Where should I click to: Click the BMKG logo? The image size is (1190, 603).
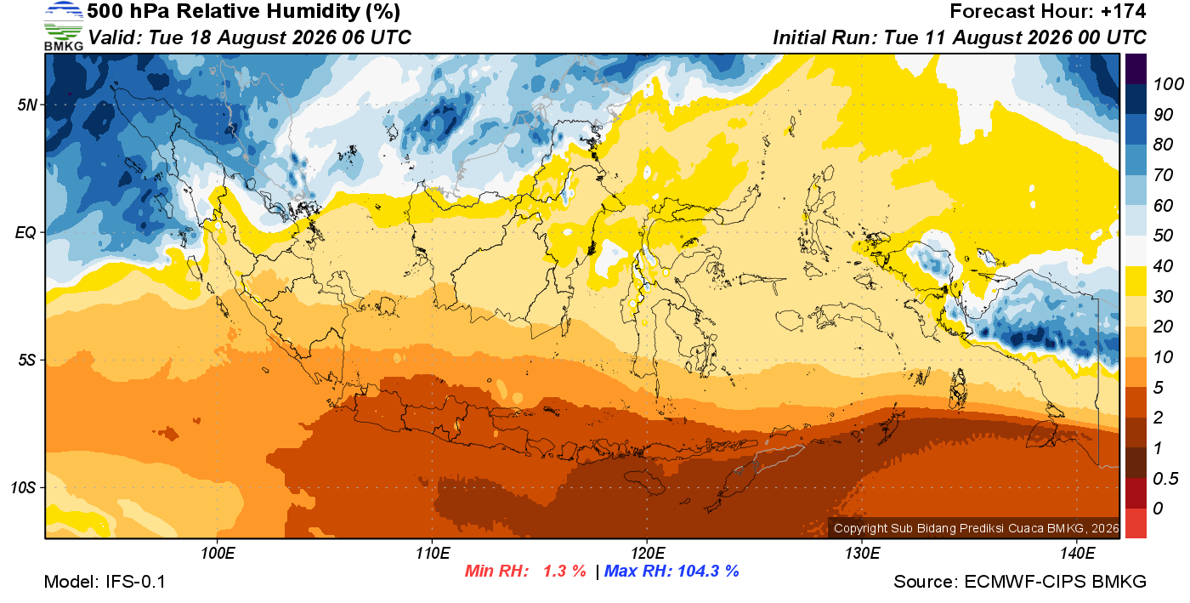pos(64,26)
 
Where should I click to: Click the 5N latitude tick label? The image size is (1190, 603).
pos(27,105)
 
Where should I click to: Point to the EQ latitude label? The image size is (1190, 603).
pos(26,232)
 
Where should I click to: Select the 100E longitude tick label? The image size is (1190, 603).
pos(218,553)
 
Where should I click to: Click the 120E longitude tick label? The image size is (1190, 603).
pos(648,553)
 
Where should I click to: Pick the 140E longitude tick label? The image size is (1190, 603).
pos(1078,553)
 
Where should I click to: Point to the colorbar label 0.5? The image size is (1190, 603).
pos(1165,479)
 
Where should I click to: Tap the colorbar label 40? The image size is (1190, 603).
pos(1163,266)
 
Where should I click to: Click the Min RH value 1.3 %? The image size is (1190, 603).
pos(564,571)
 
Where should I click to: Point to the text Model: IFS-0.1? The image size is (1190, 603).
pos(105,582)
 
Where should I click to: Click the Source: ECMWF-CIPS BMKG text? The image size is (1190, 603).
pos(1020,582)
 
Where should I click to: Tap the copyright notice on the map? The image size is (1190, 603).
pos(976,528)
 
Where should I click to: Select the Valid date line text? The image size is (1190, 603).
pos(250,37)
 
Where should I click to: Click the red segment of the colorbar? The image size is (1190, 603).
pos(1136,524)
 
